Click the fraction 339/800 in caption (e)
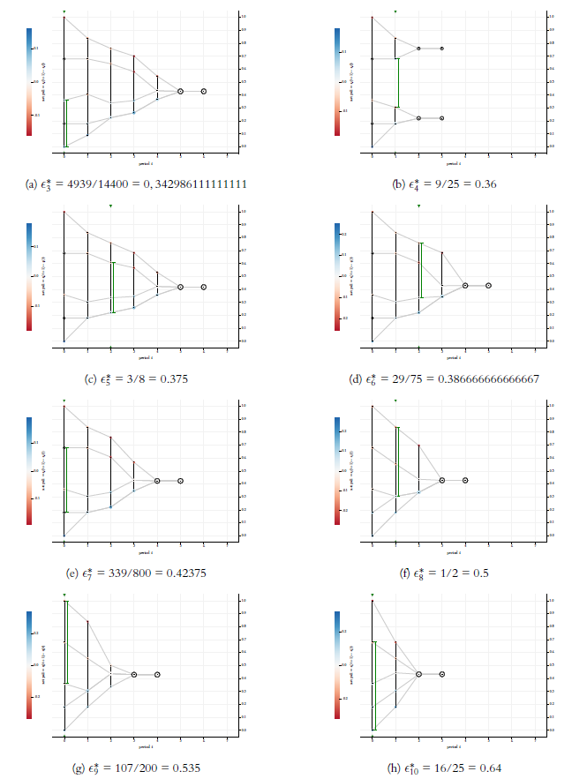click(x=141, y=573)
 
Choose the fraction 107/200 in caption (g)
click(x=141, y=767)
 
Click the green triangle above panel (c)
click(x=110, y=206)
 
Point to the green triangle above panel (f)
click(x=395, y=401)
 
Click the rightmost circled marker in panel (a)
click(x=204, y=91)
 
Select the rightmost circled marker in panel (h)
click(x=442, y=674)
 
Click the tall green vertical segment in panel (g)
click(x=64, y=641)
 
